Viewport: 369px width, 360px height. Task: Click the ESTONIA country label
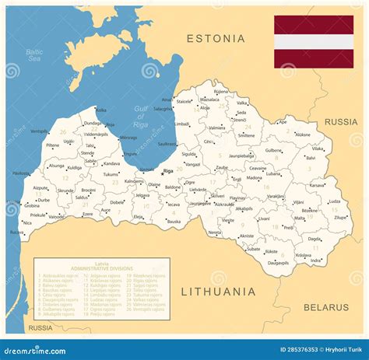pyautogui.click(x=216, y=38)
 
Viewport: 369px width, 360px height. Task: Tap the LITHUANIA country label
pyautogui.click(x=218, y=292)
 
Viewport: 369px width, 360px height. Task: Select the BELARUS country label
pyautogui.click(x=326, y=307)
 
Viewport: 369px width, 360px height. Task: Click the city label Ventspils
pyautogui.click(x=38, y=131)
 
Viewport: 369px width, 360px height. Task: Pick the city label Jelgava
pyautogui.click(x=141, y=195)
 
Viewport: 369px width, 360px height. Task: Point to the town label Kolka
pyautogui.click(x=101, y=110)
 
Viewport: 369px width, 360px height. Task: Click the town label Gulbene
pyautogui.click(x=273, y=150)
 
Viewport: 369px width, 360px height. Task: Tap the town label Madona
pyautogui.click(x=255, y=177)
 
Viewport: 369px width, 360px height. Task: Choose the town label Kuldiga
pyautogui.click(x=75, y=167)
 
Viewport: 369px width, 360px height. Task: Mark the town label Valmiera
pyautogui.click(x=217, y=128)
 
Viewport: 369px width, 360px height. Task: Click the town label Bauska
pyautogui.click(x=174, y=222)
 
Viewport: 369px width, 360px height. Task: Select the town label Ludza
pyautogui.click(x=335, y=201)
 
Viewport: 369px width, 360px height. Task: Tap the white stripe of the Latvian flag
pyautogui.click(x=313, y=42)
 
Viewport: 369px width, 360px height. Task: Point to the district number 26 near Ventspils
pyautogui.click(x=61, y=131)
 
